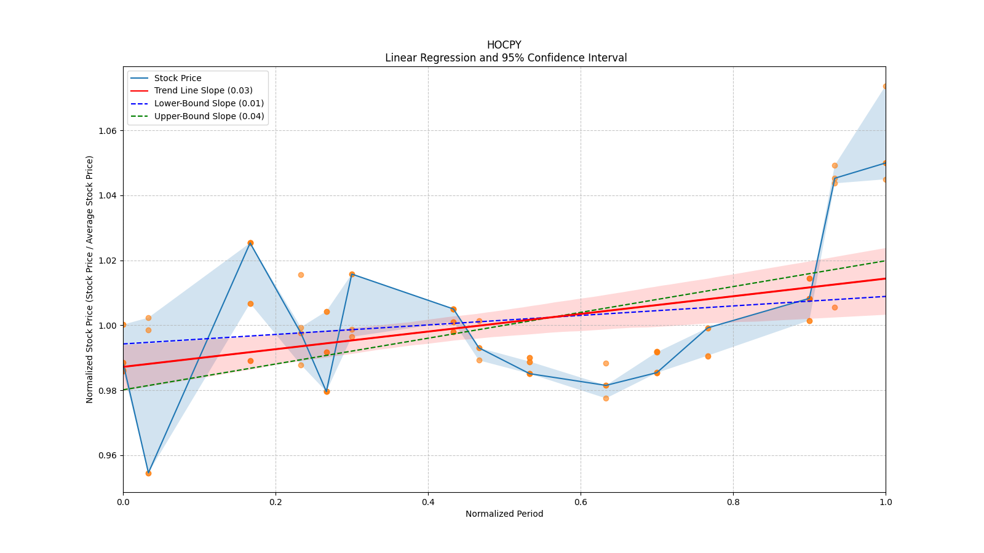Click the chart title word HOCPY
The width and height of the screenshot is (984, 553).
tap(504, 45)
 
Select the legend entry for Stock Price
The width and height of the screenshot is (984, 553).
tap(177, 78)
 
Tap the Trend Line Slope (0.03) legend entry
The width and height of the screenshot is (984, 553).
tap(203, 91)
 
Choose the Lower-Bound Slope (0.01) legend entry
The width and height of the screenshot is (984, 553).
tap(208, 103)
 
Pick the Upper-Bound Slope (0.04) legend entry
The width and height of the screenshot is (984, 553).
tap(208, 116)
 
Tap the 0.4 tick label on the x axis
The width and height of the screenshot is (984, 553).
tap(428, 502)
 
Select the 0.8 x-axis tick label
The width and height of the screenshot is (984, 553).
tap(733, 502)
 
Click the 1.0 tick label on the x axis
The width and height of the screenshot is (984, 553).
tap(886, 502)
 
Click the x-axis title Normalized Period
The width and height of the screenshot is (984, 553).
tap(504, 514)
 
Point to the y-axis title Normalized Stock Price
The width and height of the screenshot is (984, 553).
tap(90, 279)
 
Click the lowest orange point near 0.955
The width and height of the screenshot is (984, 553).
tap(148, 473)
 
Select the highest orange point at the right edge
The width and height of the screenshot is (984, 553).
tap(885, 86)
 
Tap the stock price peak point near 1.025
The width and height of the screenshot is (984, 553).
tap(250, 243)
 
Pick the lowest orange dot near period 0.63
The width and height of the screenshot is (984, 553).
tap(606, 398)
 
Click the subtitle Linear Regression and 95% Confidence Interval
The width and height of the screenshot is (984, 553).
tap(506, 58)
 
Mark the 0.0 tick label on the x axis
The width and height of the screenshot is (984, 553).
tap(123, 502)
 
